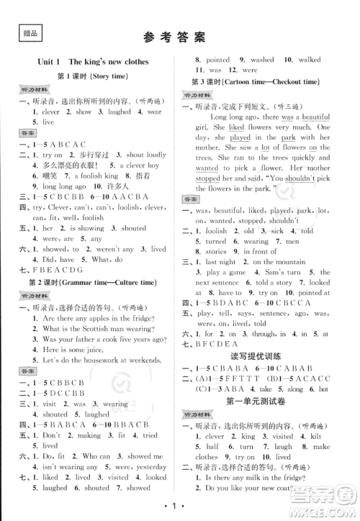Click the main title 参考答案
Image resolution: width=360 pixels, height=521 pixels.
[x=179, y=36]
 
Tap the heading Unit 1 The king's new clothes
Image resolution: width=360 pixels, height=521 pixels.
[x=94, y=62]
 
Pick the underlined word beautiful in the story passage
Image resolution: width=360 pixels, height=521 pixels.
[x=316, y=117]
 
